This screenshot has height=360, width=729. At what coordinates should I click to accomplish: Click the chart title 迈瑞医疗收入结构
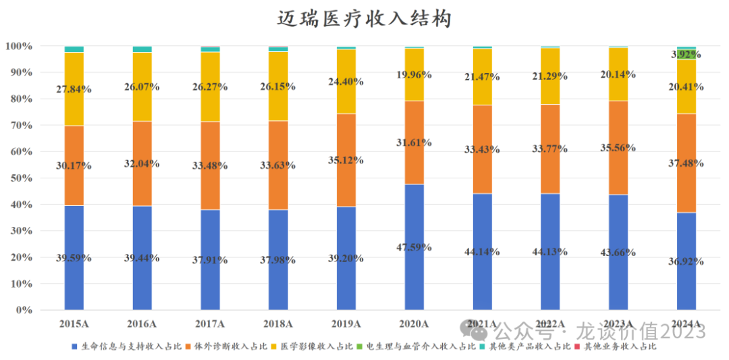[364, 18]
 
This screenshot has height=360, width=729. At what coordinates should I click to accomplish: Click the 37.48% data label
[686, 163]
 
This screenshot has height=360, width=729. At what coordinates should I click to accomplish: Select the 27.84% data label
[74, 89]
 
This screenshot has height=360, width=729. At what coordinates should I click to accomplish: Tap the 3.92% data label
[686, 55]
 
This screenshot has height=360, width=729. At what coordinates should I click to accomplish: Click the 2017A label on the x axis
[210, 324]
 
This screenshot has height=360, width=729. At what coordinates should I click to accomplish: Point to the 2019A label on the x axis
[346, 324]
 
